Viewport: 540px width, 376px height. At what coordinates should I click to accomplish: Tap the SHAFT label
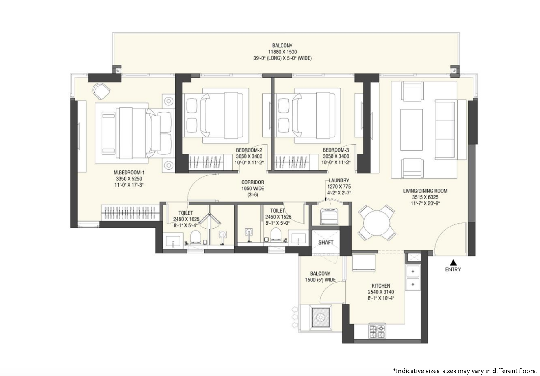point(326,242)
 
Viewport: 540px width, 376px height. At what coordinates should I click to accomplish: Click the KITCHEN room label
point(381,286)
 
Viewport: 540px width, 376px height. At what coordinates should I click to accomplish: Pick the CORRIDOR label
point(252,182)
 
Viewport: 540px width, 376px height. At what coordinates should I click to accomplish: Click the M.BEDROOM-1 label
point(129,173)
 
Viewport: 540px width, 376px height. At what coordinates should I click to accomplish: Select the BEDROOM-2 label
point(249,150)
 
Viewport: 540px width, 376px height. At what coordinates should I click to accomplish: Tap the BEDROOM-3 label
point(336,150)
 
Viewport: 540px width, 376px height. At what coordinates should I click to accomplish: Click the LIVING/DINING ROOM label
point(425,191)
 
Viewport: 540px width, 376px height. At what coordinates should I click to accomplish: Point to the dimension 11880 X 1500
point(282,52)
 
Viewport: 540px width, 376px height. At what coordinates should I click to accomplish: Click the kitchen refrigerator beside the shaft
point(364,262)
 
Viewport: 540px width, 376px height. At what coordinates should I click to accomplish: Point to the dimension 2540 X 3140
point(381,292)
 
